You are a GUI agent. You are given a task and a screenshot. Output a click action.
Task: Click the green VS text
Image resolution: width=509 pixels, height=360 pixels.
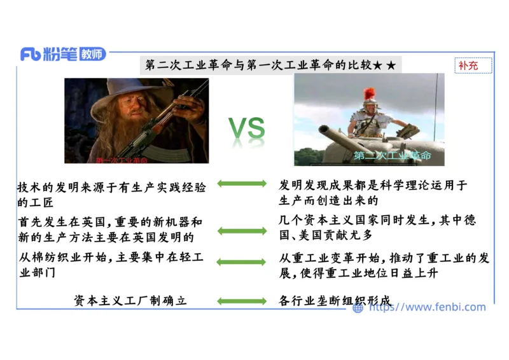(247, 128)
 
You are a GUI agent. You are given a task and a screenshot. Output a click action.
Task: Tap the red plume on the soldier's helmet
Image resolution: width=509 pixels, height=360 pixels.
(369, 95)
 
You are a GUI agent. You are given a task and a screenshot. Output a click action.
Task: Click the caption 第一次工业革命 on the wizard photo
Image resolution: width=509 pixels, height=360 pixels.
(121, 160)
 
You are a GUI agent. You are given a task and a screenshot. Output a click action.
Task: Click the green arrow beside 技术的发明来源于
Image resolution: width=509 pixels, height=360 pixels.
(242, 184)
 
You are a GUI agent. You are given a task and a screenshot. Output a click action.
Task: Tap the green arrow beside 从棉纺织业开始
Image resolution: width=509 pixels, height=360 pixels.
(242, 262)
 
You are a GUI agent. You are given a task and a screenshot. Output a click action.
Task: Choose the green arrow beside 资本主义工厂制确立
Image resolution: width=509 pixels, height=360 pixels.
(242, 301)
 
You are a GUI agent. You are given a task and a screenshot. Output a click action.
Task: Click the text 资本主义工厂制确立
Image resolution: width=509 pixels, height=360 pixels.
(130, 301)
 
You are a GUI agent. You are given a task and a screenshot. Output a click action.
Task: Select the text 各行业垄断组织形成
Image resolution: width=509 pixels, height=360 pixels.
(335, 301)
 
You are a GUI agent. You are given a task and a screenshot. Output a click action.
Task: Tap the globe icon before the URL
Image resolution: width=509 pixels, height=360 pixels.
(358, 308)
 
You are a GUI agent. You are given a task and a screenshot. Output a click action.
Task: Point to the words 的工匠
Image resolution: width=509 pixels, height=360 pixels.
(36, 203)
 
